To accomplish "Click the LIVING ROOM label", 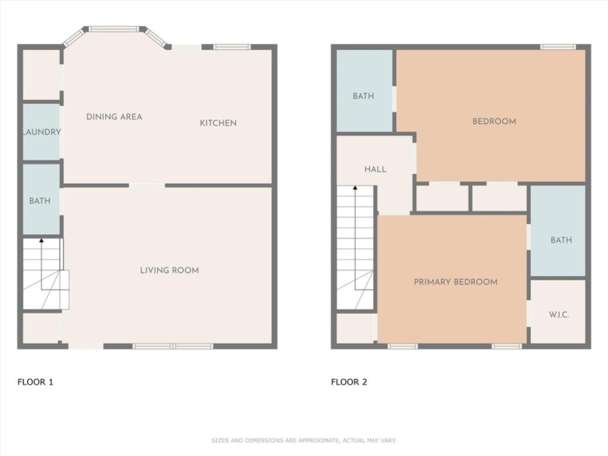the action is (170, 271).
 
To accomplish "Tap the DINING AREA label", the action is (114, 117).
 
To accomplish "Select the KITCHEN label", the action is (218, 123).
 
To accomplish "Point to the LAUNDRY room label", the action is (42, 132).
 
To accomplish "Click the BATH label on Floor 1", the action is (40, 201).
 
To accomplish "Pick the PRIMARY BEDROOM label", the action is (455, 282).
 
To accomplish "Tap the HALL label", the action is (375, 169).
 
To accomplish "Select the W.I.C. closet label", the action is (559, 314).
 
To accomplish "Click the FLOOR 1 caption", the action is (35, 382).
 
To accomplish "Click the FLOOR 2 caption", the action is (349, 382).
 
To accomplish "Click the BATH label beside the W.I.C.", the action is (561, 240).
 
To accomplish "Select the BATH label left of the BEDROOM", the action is (364, 96).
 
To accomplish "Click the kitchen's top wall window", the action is (232, 47).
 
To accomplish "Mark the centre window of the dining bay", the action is (114, 29).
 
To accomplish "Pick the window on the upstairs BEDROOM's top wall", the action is (558, 47).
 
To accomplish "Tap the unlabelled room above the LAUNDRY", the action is (41, 74).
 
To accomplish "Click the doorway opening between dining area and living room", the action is (147, 185).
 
